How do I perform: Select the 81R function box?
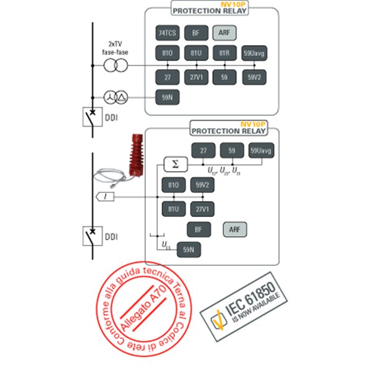tap(224, 53)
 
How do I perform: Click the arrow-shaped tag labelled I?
tap(106, 196)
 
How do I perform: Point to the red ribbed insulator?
tap(134, 155)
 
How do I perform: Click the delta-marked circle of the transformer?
tap(122, 97)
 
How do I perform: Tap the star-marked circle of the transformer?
tap(111, 97)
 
